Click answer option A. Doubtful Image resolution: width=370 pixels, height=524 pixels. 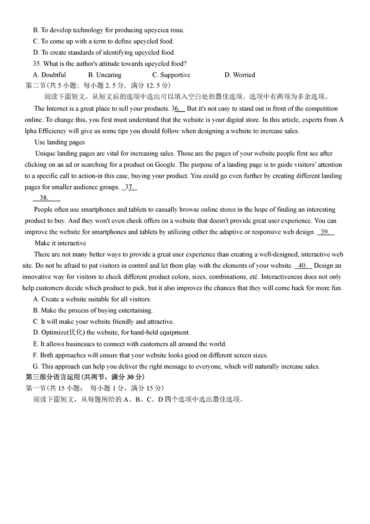click(49, 75)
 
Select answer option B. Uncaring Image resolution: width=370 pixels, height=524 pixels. click(105, 75)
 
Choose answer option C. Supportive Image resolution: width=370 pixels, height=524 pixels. click(171, 75)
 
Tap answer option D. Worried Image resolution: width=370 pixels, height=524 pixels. click(240, 75)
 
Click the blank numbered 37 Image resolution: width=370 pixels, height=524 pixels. click(129, 187)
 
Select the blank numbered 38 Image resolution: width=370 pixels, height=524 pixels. click(46, 198)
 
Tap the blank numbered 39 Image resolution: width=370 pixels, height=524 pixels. click(326, 232)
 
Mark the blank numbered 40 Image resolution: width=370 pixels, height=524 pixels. click(303, 265)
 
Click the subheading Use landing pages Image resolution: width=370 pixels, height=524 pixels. click(60, 142)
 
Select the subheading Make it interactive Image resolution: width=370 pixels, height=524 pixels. click(60, 243)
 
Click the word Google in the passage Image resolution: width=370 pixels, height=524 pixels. click(165, 164)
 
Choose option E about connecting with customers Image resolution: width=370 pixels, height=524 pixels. click(129, 344)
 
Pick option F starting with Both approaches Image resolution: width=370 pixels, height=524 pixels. click(150, 355)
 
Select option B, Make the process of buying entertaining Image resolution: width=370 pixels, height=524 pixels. click(92, 310)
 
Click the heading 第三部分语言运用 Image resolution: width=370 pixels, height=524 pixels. click(85, 377)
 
